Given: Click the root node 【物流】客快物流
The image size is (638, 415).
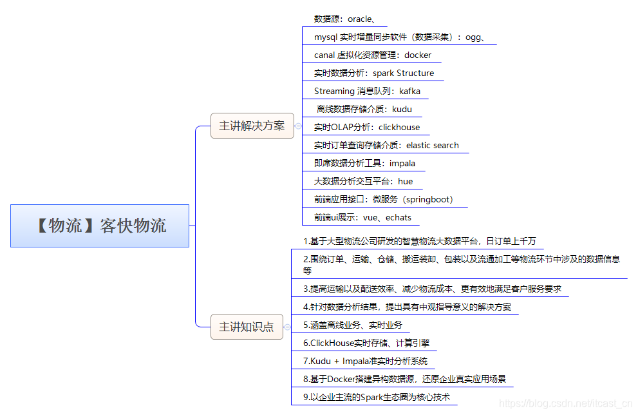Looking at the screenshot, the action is click(x=100, y=226).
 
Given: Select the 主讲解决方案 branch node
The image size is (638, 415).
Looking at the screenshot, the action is click(x=252, y=126).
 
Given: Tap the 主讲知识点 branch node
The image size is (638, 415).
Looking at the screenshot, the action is click(x=247, y=327).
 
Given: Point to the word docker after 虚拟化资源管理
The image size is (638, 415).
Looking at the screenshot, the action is click(x=418, y=55).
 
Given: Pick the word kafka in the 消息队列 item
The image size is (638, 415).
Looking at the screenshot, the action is click(x=409, y=92).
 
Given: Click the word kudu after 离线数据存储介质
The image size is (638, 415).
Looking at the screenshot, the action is click(x=402, y=110).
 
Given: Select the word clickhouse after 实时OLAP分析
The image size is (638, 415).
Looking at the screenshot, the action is click(x=399, y=128).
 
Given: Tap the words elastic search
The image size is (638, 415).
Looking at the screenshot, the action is click(x=432, y=146).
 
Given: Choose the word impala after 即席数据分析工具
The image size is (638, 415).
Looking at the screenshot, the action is click(x=402, y=164).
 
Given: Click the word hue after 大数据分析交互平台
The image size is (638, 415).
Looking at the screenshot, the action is click(x=405, y=182).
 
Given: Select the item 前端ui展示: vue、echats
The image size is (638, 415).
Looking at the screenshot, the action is click(x=362, y=218).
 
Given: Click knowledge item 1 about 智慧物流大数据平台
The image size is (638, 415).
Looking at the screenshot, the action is click(x=419, y=242).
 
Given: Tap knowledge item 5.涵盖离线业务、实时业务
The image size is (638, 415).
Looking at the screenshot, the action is click(x=352, y=325).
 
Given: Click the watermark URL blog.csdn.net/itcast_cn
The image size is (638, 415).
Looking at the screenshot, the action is click(x=565, y=403).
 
